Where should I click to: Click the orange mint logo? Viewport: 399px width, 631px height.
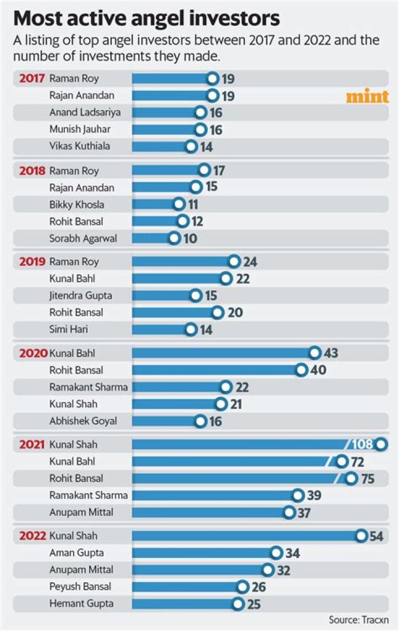point(367,96)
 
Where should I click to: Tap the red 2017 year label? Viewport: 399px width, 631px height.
point(32,79)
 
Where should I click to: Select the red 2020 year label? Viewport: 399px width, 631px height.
point(33,353)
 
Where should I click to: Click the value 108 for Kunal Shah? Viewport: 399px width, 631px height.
point(362,444)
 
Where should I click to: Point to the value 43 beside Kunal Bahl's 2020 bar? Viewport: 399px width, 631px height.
point(331,353)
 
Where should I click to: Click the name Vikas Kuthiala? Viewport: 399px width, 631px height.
point(80,146)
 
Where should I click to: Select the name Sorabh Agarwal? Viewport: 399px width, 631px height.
point(83,238)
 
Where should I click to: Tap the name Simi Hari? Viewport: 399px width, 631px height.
point(69,329)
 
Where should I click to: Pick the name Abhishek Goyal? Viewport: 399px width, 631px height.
point(83,421)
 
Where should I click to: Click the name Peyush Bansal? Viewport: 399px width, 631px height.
point(80,587)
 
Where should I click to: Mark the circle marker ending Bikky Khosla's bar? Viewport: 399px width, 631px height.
point(179,204)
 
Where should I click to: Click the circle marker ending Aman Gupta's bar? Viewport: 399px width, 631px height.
point(276,553)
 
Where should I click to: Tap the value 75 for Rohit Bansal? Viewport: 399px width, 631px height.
point(367,479)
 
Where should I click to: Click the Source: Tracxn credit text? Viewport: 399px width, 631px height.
point(359,620)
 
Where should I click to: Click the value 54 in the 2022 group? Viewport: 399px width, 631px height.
point(376,536)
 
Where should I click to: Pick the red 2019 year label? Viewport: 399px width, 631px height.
point(32,262)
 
